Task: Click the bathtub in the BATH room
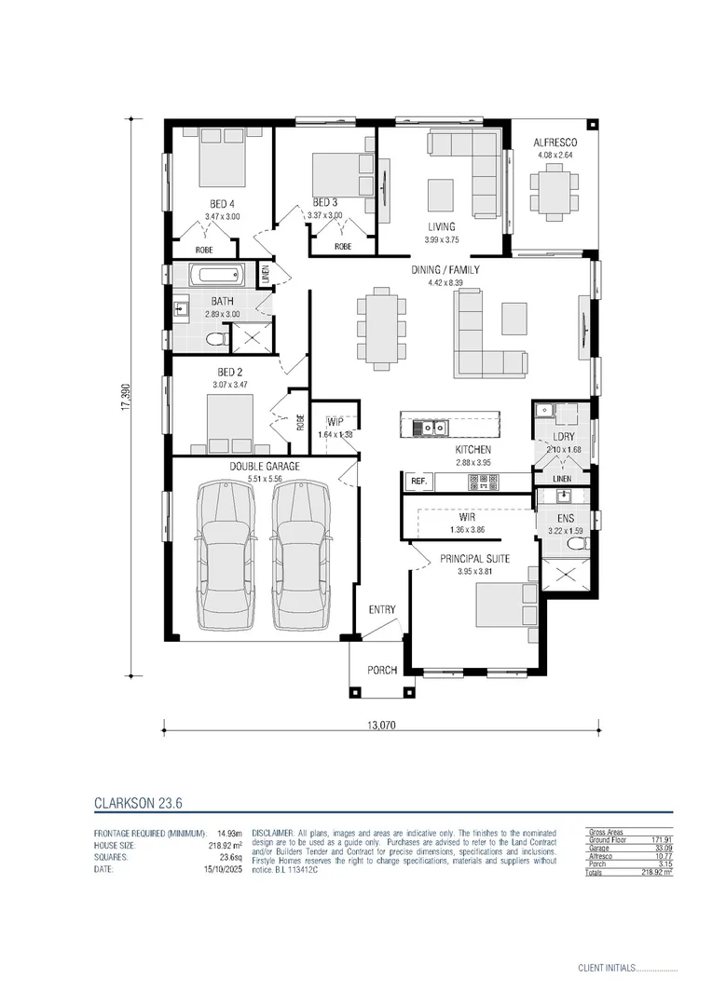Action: click(x=215, y=276)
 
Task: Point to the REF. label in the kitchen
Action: click(x=418, y=482)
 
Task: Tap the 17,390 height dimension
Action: click(x=124, y=395)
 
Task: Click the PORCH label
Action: click(x=382, y=670)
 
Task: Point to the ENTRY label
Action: click(x=382, y=610)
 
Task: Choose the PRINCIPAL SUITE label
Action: click(x=474, y=558)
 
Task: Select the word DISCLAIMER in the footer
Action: click(x=273, y=832)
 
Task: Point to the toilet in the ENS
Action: click(x=578, y=542)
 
